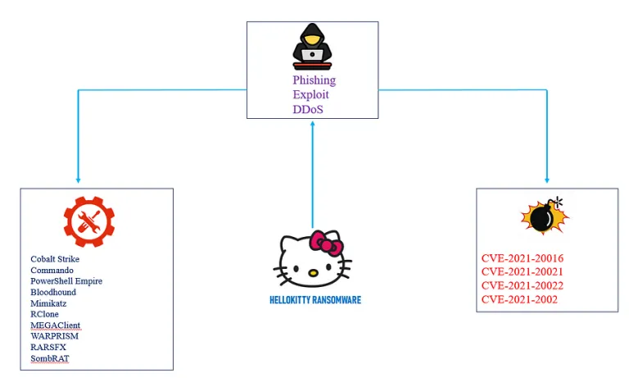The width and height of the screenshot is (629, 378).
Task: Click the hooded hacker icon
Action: pos(312,47)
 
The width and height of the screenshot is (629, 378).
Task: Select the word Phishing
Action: pos(314,80)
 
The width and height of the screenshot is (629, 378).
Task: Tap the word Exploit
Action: pos(310,95)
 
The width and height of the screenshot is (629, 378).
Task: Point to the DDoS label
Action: pos(308,109)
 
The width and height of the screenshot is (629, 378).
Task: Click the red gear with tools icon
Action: pos(89,221)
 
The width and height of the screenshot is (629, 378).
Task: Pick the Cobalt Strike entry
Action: pos(55,259)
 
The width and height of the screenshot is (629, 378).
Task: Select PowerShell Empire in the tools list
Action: pos(66,281)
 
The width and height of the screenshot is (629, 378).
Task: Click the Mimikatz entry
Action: pos(48,303)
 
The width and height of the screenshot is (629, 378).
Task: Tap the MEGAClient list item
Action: pos(56,325)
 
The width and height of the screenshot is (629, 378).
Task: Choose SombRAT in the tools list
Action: pos(50,358)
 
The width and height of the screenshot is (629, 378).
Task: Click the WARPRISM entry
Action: pos(55,336)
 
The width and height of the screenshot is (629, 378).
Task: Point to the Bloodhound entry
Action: pos(53,292)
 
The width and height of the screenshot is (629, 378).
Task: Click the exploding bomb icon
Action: pos(545,216)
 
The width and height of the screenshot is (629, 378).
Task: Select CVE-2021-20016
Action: pos(523,258)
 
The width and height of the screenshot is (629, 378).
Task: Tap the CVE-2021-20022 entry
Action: pos(523,285)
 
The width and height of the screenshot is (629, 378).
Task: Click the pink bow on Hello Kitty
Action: pos(326,243)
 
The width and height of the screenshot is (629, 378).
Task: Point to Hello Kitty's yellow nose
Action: pos(313,273)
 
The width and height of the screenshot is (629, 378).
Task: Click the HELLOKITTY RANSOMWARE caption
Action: pos(315,300)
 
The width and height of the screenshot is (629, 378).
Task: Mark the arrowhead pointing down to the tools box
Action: pos(79,180)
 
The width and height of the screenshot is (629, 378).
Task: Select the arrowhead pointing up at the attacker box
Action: pos(313,124)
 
